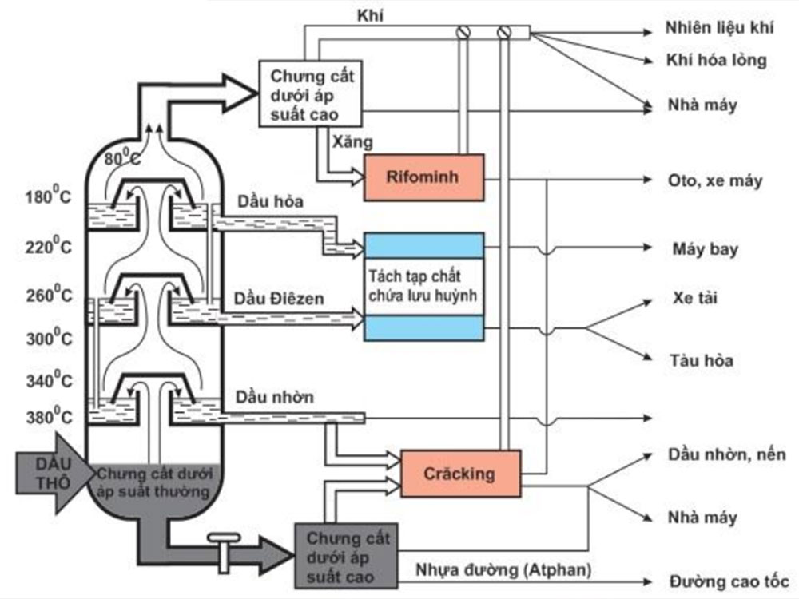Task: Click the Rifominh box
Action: pos(423,177)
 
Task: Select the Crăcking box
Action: pos(460,473)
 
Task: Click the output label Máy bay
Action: pos(705,250)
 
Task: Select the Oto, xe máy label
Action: pos(714,180)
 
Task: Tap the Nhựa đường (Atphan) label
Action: pos(503,570)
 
